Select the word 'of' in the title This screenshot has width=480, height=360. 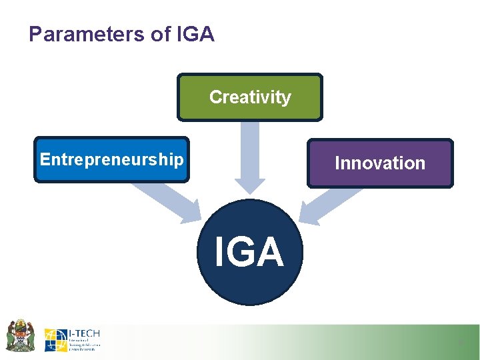tap(161, 35)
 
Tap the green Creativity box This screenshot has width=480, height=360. tap(249, 97)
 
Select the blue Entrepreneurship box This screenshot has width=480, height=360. tap(111, 159)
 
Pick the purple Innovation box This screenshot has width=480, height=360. tap(379, 163)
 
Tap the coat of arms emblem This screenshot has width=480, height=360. tap(20, 335)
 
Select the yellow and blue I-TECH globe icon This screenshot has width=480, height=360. tap(55, 340)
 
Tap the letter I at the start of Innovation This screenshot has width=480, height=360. tap(337, 163)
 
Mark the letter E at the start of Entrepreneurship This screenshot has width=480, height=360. tap(45, 159)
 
